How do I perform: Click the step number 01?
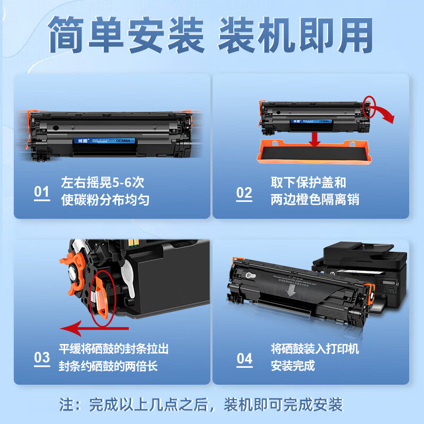(41, 192)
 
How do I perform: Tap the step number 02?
(244, 192)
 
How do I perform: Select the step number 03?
(41, 358)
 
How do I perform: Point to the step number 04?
(244, 358)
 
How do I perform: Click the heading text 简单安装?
(127, 36)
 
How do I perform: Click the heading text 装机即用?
(295, 36)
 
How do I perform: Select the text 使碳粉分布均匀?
(104, 200)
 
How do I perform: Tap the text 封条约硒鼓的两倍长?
(108, 366)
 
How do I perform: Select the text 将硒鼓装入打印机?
(315, 349)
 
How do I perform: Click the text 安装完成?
(293, 366)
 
